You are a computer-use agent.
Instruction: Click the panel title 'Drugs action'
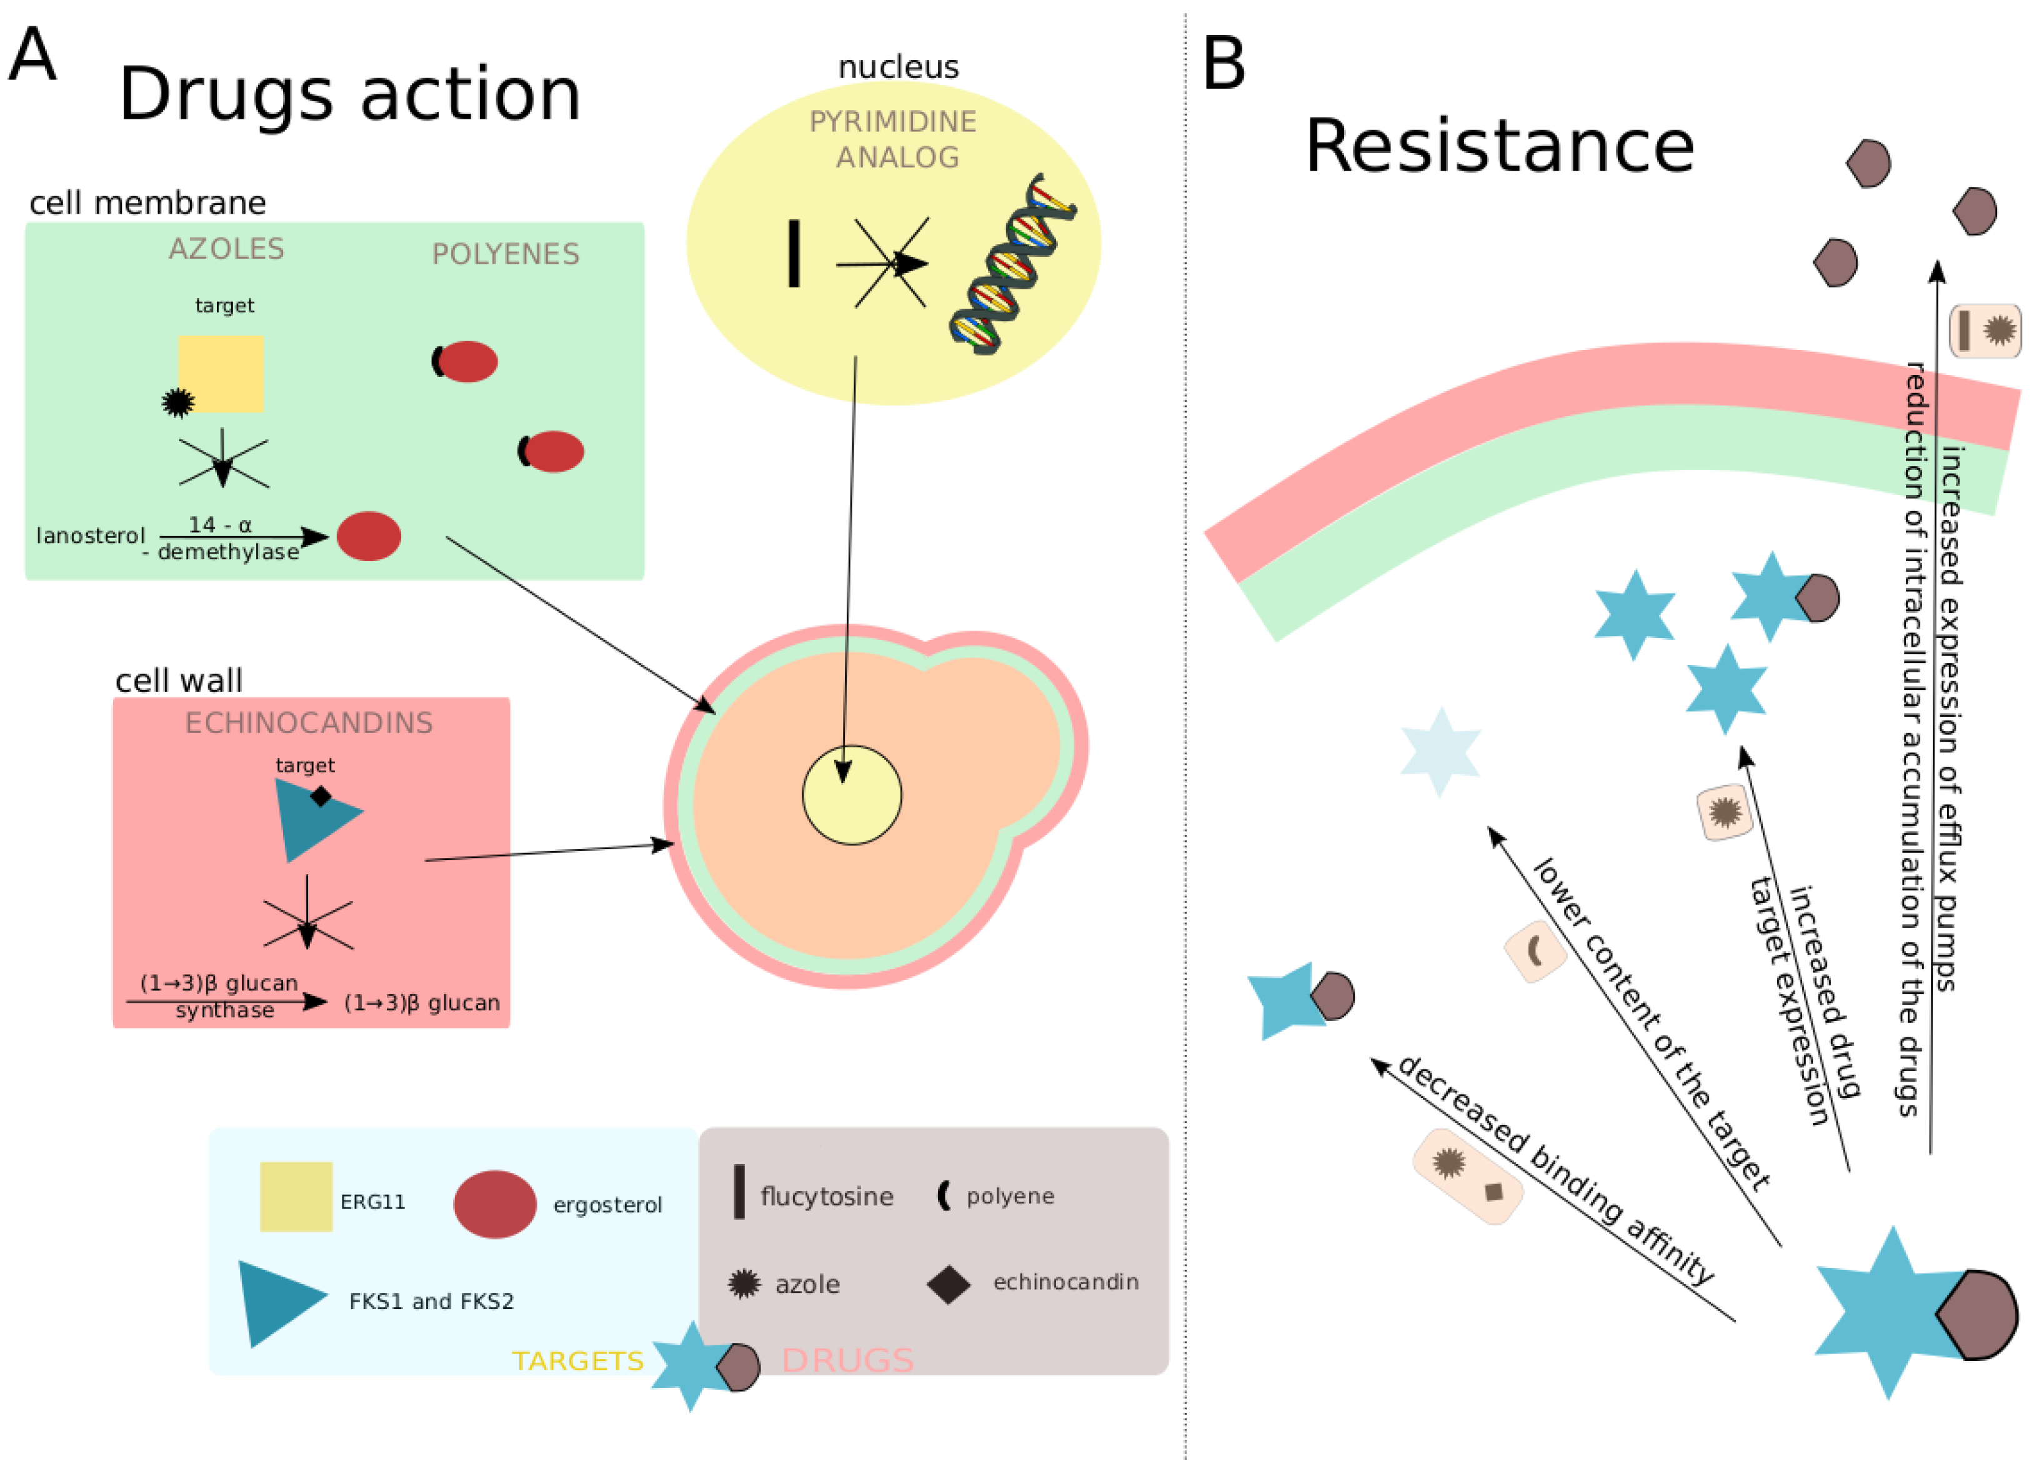(x=350, y=94)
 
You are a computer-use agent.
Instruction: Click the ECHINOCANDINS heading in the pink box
(x=309, y=723)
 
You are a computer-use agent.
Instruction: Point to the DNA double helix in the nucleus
(x=1014, y=264)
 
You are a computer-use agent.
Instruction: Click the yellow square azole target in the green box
(x=221, y=373)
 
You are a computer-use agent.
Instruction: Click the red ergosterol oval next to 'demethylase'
(x=369, y=536)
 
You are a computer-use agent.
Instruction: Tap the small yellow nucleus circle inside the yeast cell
(x=851, y=795)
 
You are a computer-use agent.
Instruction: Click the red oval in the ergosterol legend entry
(x=494, y=1204)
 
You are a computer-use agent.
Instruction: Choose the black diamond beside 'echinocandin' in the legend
(x=949, y=1284)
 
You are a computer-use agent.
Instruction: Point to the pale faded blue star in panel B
(x=1440, y=752)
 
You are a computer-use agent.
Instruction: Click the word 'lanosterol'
(x=90, y=536)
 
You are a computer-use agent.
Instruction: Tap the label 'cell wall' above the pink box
(x=179, y=681)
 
